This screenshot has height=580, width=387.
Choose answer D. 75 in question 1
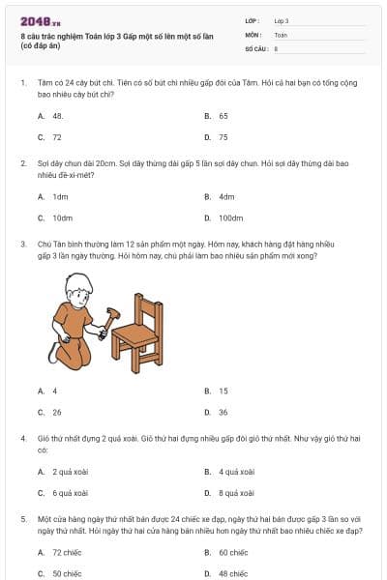click(223, 137)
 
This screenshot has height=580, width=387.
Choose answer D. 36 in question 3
click(223, 412)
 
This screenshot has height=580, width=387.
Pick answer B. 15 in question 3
click(223, 391)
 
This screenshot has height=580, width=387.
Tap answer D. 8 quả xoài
click(235, 493)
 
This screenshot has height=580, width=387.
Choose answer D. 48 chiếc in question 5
click(233, 573)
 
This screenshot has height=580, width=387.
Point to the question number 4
click(23, 438)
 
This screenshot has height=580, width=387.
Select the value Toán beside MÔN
click(281, 34)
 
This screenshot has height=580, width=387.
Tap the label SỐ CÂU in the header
click(255, 47)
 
